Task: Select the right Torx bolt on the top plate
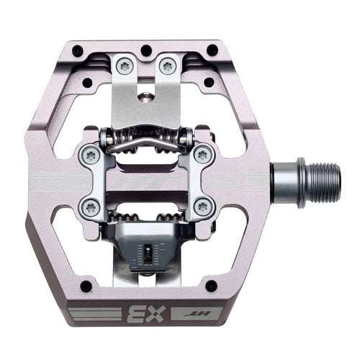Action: pos(168,66)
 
